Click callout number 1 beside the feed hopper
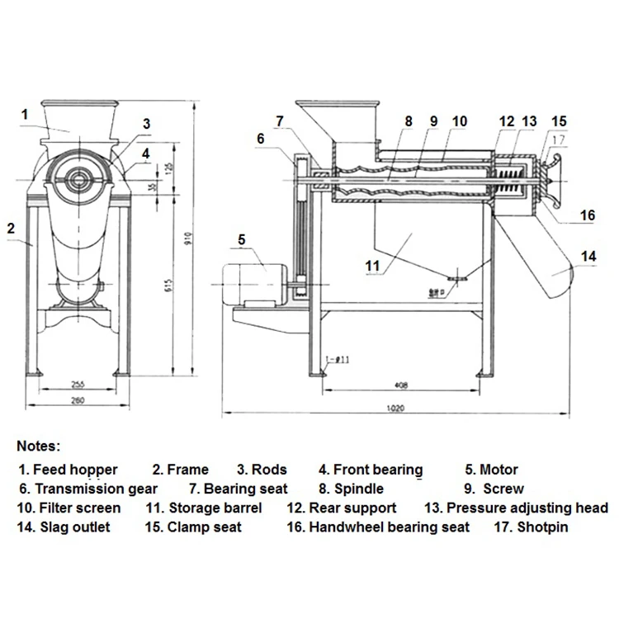[x=26, y=113]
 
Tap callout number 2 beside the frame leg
[x=11, y=227]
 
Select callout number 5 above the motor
[x=241, y=240]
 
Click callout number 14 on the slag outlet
[x=587, y=257]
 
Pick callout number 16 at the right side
[x=587, y=215]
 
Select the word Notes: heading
[x=38, y=447]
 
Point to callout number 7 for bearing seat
[x=280, y=120]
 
